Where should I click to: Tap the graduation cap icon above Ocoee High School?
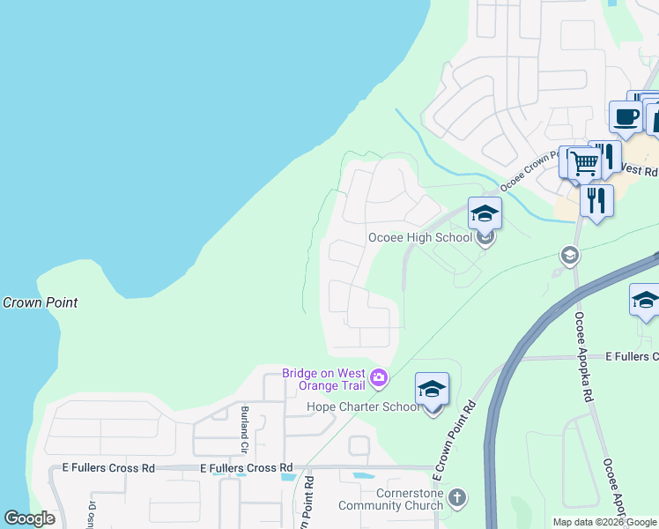coord(484,213)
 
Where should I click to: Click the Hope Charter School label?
coord(363,406)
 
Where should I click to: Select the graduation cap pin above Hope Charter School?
coord(432,389)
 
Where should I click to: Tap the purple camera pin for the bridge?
coord(379,378)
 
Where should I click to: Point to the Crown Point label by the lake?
coord(41,302)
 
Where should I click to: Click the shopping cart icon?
coord(582,162)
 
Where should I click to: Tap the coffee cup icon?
coord(626,117)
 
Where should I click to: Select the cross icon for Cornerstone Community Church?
coord(456,499)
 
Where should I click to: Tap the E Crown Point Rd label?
coord(454,439)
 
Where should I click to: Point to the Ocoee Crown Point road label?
coord(531,173)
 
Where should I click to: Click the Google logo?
coord(29,518)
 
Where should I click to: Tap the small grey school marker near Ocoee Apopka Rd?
coord(569,256)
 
